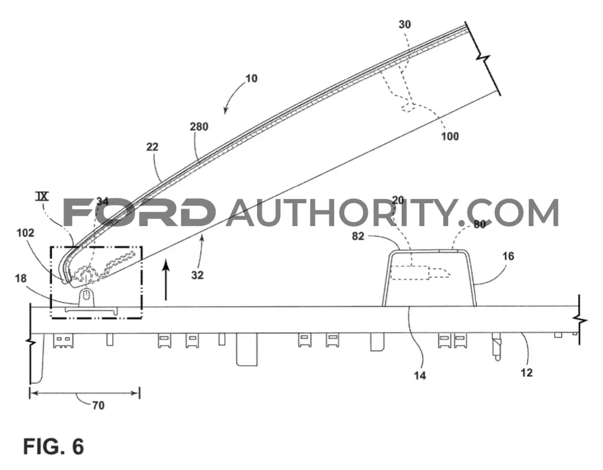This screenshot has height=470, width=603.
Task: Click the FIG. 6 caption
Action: (54, 446)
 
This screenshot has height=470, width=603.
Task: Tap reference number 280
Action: (199, 127)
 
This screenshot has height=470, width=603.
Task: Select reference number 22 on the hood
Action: (152, 147)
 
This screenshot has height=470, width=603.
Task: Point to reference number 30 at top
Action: (405, 25)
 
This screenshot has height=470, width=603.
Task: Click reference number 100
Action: (450, 136)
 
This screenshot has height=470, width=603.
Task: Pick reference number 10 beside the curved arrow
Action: (251, 78)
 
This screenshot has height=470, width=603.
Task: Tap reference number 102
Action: (25, 233)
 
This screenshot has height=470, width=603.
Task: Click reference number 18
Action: (21, 278)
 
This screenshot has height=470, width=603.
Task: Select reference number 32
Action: (197, 275)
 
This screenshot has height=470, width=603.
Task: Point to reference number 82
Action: (358, 236)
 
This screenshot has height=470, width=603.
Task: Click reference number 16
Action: (508, 256)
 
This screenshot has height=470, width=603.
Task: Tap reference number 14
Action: (420, 375)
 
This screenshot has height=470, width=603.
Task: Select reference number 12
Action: (527, 372)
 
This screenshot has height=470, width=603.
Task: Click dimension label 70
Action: (98, 405)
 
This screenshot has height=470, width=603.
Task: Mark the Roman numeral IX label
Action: (42, 196)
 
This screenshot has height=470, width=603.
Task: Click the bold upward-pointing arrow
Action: (166, 280)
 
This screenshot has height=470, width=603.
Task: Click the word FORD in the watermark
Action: (139, 212)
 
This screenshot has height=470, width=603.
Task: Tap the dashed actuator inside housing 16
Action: (419, 273)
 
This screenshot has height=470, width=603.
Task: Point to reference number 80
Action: (479, 224)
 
